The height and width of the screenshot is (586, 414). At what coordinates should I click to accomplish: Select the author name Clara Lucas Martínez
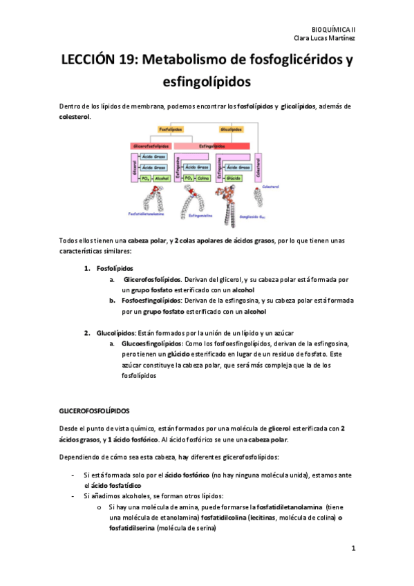(325, 39)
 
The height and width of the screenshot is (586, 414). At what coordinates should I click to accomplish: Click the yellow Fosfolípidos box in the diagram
(171, 129)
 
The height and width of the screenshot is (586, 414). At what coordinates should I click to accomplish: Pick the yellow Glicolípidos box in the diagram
(231, 129)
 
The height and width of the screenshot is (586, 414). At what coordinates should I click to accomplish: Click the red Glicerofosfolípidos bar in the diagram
(151, 146)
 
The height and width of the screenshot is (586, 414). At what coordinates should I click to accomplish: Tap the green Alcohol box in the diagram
(162, 178)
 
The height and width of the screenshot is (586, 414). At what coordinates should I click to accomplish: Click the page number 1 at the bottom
(352, 549)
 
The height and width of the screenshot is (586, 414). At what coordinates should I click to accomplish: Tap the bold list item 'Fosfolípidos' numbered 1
(115, 268)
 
